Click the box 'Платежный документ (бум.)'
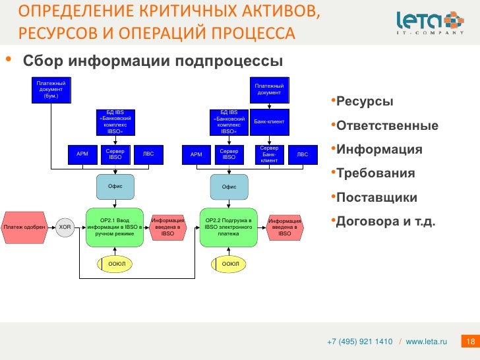click(50, 89)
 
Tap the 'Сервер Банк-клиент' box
click(269, 154)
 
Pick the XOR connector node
click(65, 227)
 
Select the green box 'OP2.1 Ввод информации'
click(115, 227)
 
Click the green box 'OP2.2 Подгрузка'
click(229, 227)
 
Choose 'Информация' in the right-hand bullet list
click(378, 150)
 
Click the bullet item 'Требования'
click(375, 173)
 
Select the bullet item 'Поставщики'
click(376, 197)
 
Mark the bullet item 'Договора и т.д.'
click(386, 221)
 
